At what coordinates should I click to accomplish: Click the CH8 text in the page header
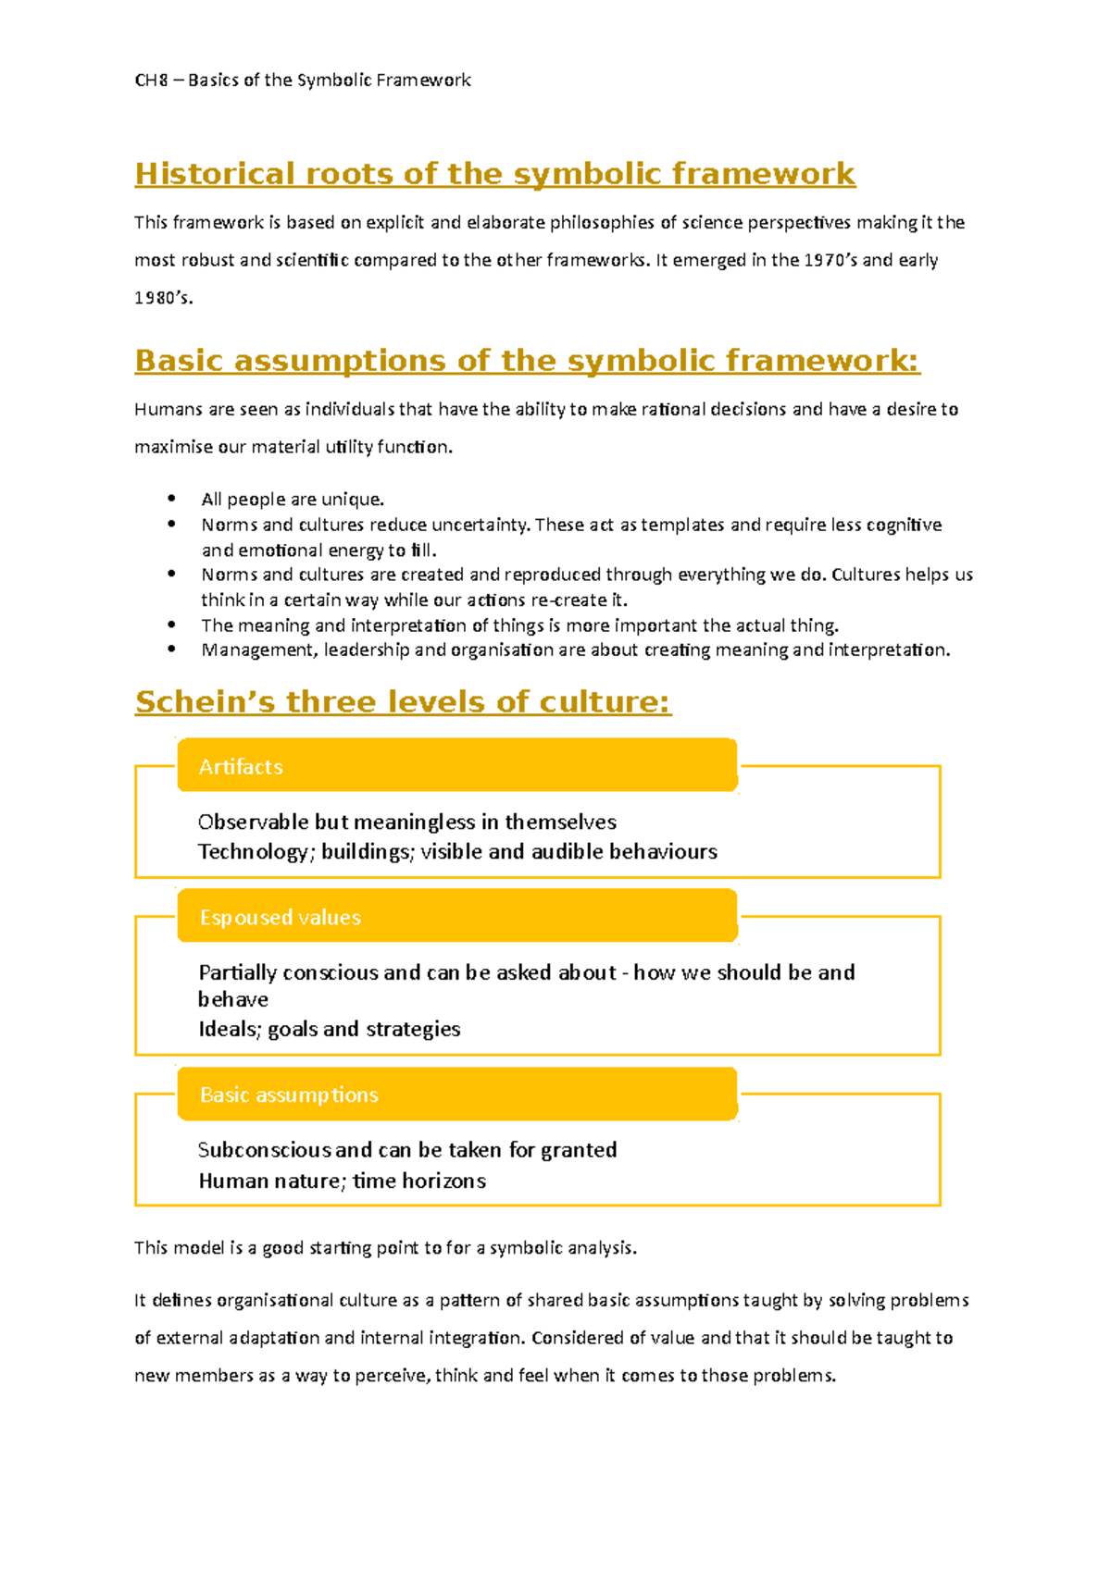(x=151, y=80)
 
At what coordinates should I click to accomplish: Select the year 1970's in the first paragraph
(x=830, y=260)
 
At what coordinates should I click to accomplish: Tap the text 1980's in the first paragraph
(x=163, y=298)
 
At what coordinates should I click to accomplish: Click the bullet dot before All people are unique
(x=171, y=498)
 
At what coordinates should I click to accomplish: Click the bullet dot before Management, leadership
(x=171, y=649)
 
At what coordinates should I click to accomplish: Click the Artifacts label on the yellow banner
(x=241, y=767)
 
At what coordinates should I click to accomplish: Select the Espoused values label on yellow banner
(x=280, y=918)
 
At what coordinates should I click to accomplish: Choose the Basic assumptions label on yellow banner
(x=289, y=1095)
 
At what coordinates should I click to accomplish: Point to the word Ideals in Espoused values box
(x=229, y=1030)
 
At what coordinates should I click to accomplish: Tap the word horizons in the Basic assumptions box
(x=443, y=1181)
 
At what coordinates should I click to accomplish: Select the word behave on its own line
(x=232, y=1000)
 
